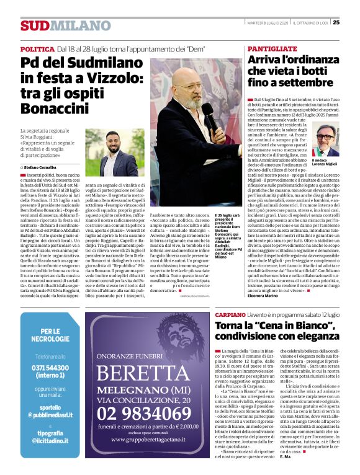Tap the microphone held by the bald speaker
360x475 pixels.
click(x=210, y=118)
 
